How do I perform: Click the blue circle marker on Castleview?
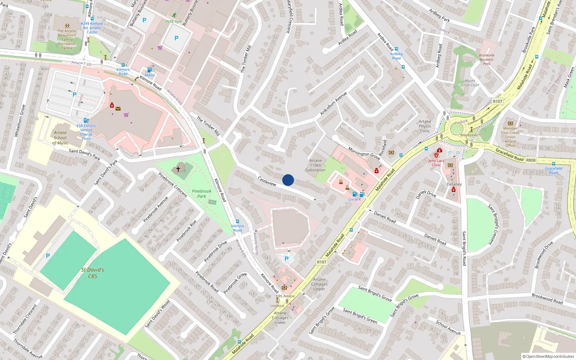[x=288, y=180]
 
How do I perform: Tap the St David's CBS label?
[x=93, y=273]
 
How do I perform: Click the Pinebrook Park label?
[x=202, y=194]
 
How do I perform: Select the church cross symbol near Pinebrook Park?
[x=178, y=169]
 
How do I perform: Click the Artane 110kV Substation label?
[x=315, y=166]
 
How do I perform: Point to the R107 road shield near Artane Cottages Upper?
[x=321, y=262]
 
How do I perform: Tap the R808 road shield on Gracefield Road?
[x=531, y=160]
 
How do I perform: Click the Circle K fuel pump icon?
[x=362, y=194]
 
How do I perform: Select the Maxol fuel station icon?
[x=149, y=70]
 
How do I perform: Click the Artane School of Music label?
[x=60, y=138]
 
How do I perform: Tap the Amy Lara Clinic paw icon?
[x=436, y=155]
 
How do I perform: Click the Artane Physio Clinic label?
[x=425, y=126]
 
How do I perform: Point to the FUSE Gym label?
[x=174, y=22]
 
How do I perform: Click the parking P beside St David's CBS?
[x=48, y=256]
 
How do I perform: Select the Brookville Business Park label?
[x=486, y=59]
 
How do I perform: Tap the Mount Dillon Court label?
[x=470, y=83]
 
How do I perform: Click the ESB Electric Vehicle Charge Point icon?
[x=86, y=121]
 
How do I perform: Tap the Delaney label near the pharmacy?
[x=454, y=184]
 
